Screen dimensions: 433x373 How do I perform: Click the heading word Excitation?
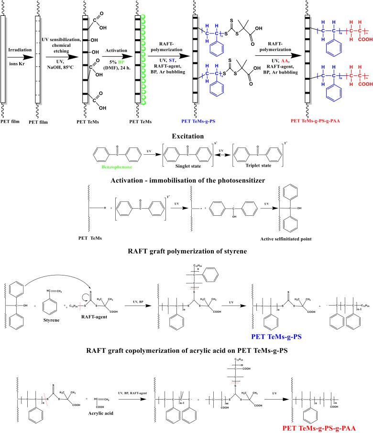coord(185,136)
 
